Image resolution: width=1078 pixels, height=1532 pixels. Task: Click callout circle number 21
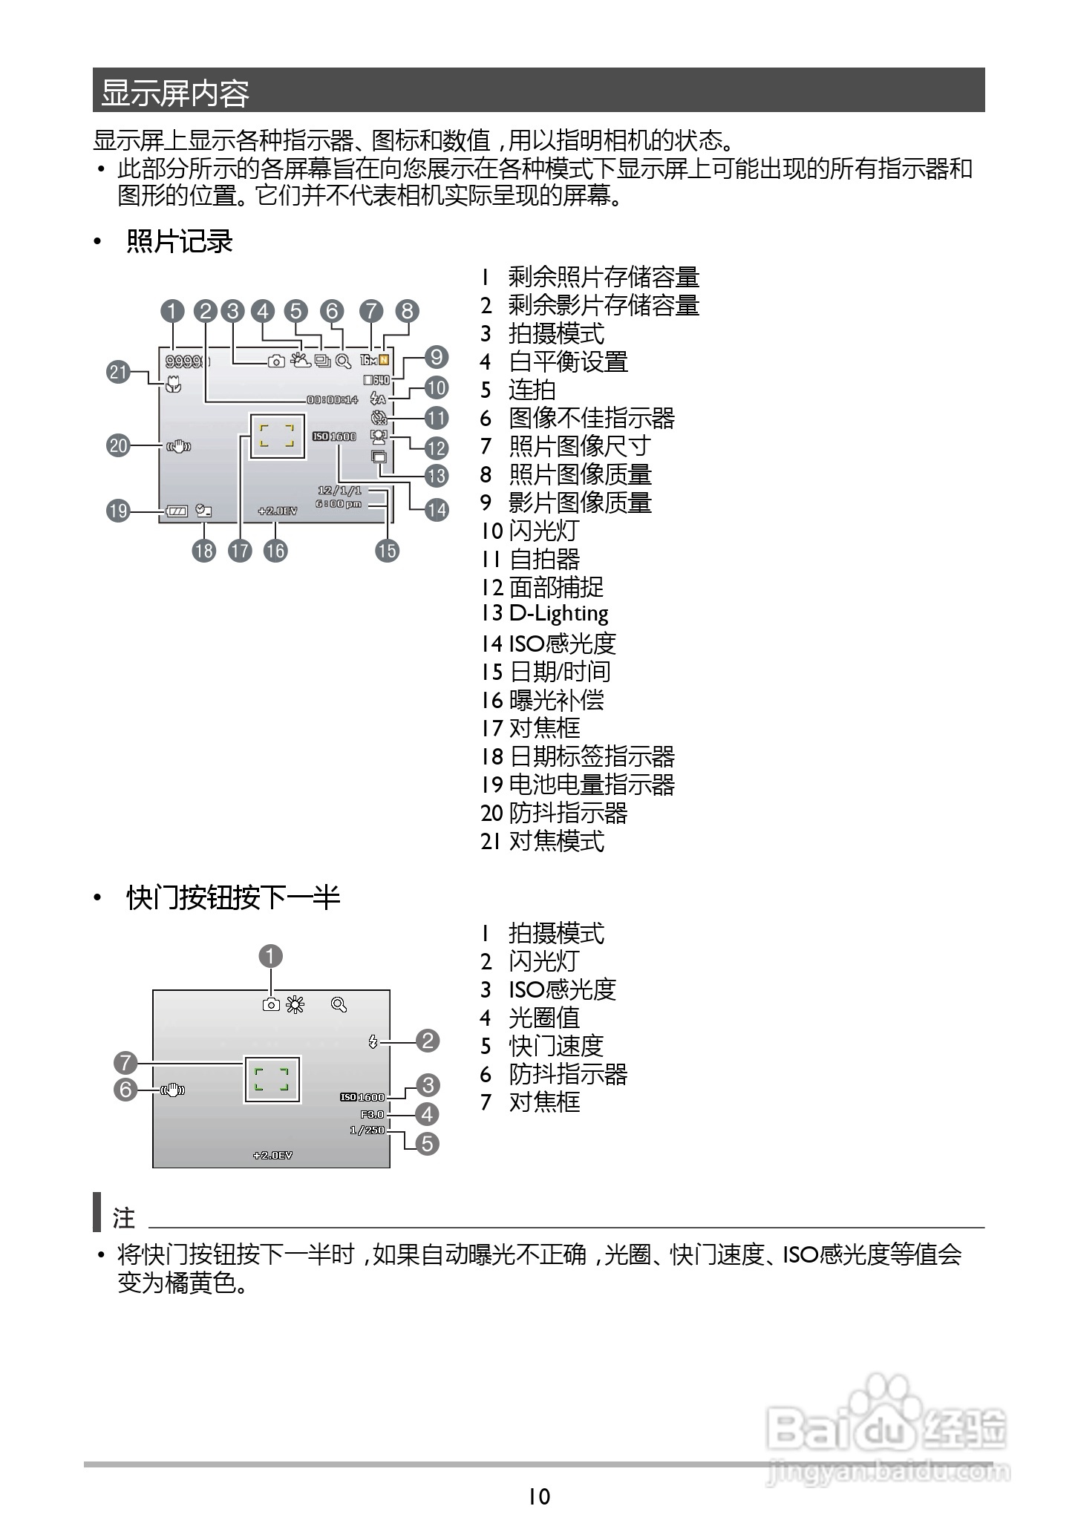tap(119, 371)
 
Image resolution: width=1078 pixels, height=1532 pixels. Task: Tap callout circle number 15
tap(387, 550)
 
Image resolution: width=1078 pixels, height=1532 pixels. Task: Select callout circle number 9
tap(437, 357)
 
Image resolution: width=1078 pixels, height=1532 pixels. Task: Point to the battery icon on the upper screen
tap(177, 511)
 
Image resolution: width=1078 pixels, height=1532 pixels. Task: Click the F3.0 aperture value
tap(372, 1114)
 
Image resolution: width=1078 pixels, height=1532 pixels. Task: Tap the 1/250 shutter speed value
tap(367, 1130)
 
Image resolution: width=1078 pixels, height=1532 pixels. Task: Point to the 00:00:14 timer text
tap(333, 399)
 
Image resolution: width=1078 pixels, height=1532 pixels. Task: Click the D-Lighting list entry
tap(558, 613)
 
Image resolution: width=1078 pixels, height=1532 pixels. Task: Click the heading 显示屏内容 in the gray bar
tap(175, 92)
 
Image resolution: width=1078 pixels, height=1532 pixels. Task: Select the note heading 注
tap(124, 1218)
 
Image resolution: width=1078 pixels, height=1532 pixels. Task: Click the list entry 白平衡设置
tap(568, 361)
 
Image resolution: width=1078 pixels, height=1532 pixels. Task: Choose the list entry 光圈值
tap(543, 1018)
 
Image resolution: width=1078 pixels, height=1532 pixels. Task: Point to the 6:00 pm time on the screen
tap(339, 503)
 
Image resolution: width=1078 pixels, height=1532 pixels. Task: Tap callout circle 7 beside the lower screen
tap(126, 1062)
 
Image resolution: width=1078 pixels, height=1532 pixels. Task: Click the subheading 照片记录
tap(180, 241)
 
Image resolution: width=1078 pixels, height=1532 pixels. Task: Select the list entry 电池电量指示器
tap(592, 785)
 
